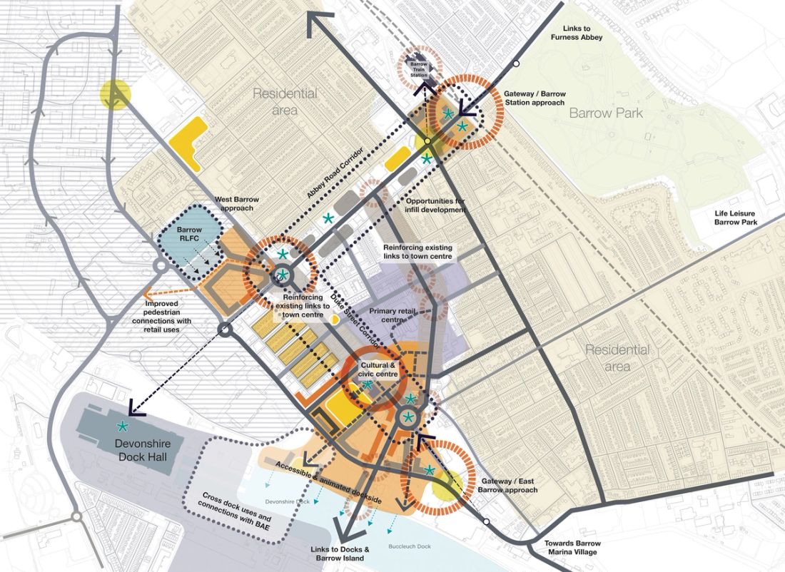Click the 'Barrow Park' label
pyautogui.click(x=606, y=113)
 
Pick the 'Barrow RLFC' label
pyautogui.click(x=190, y=235)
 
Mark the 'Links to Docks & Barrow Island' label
pyautogui.click(x=340, y=553)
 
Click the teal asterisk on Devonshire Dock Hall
pyautogui.click(x=123, y=427)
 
